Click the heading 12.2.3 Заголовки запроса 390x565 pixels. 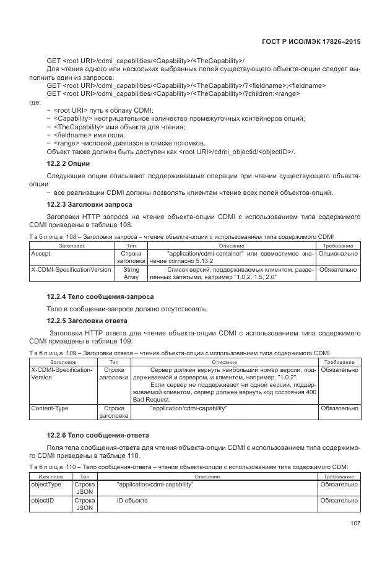[x=89, y=204]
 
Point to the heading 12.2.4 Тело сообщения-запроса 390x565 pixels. [x=100, y=296]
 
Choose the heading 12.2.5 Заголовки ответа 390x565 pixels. [x=87, y=321]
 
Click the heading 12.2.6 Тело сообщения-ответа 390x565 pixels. [x=98, y=436]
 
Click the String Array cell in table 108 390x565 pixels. [x=131, y=274]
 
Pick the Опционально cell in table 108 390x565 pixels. [x=338, y=254]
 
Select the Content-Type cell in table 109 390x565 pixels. [x=50, y=408]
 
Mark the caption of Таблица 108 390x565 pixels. [x=181, y=236]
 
